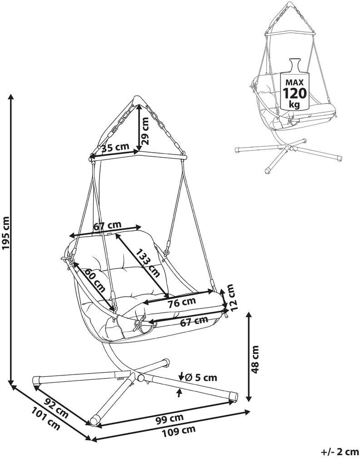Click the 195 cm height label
(6, 233)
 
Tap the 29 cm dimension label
(145, 130)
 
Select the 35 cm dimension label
(115, 147)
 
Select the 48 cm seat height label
(255, 359)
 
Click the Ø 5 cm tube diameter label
(202, 378)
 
